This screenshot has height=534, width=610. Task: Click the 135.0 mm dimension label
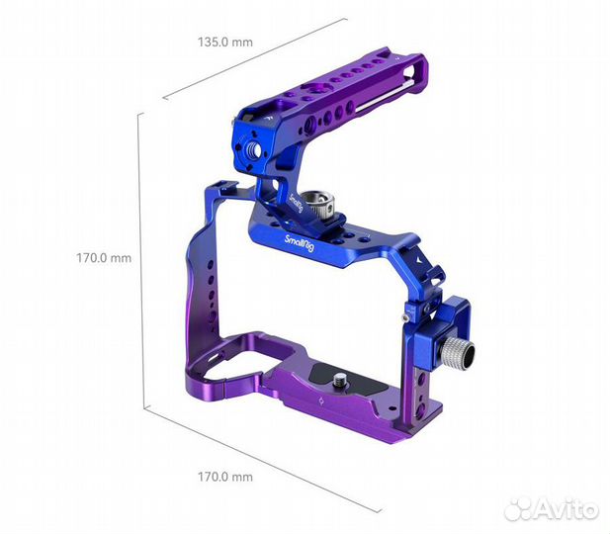(223, 44)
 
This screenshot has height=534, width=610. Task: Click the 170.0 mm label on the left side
(105, 258)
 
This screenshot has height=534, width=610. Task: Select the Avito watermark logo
(551, 508)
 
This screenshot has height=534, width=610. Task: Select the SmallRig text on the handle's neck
(297, 203)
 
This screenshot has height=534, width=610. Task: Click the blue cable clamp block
(426, 326)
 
